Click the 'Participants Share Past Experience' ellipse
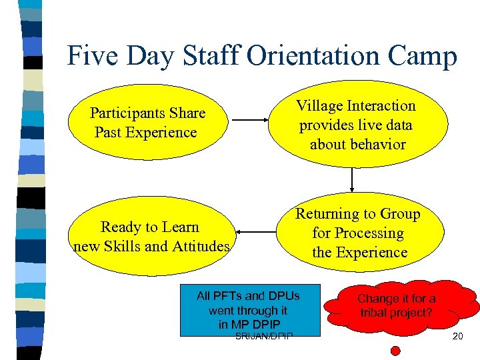click(148, 123)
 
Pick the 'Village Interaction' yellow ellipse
click(356, 125)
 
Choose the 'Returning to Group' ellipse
click(358, 233)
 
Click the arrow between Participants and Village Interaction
click(249, 121)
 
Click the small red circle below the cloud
click(395, 350)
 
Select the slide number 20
click(457, 337)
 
